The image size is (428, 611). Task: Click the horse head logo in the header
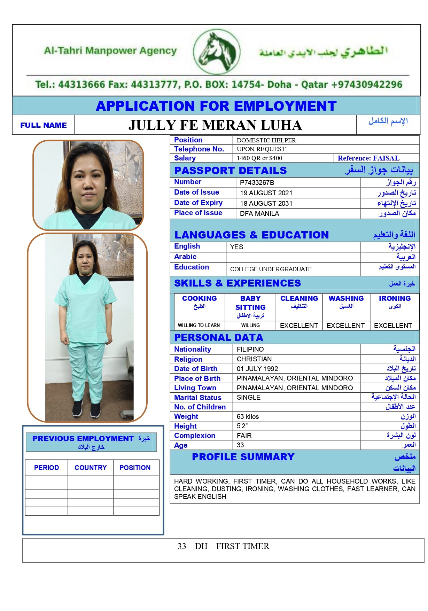pos(216,52)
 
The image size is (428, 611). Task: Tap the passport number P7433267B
pos(257,182)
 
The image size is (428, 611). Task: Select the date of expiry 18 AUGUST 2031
pos(266,203)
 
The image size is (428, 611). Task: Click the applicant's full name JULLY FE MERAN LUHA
pos(215,125)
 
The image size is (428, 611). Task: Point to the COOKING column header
pos(199,299)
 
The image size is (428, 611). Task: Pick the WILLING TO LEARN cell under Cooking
pos(199,326)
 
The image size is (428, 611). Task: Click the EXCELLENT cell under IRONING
pos(393,326)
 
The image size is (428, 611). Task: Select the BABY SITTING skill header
pos(250,303)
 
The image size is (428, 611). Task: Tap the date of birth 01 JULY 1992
pos(257,369)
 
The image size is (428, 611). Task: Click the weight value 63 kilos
pos(248,416)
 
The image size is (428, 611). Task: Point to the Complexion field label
pos(195,436)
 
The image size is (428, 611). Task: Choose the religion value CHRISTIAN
pos(254,359)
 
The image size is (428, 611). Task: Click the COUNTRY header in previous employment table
pos(91,468)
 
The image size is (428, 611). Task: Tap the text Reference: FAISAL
pos(368,158)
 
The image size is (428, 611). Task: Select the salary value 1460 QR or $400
pos(259,158)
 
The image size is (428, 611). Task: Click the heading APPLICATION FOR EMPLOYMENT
pos(216,106)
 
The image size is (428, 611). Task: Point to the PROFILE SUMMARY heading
pos(243,457)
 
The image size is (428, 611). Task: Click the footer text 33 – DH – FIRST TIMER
pos(223,546)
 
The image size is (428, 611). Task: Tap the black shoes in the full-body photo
pos(86,409)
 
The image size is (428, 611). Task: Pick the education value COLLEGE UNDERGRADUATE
pos(271,269)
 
